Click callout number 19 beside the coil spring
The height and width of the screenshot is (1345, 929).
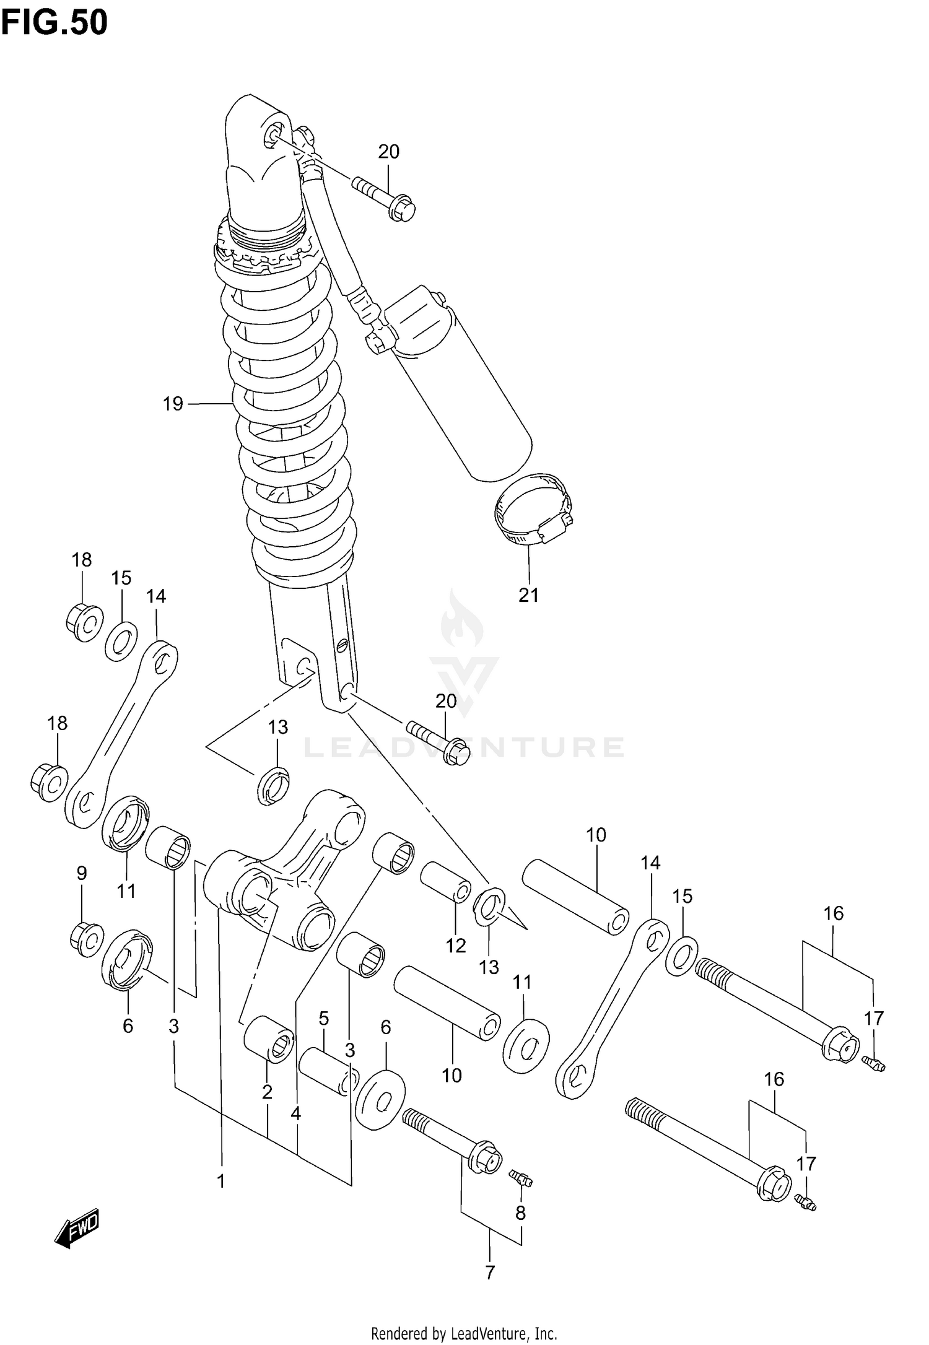tap(173, 404)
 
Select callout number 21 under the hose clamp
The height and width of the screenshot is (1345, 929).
tap(528, 595)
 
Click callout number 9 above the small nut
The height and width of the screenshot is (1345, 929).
tap(81, 874)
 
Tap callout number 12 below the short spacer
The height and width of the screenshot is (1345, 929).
tap(455, 946)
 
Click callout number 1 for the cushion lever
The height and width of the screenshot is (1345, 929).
tap(220, 1182)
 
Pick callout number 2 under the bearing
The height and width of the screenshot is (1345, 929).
tap(267, 1092)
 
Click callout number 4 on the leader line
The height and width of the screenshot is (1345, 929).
tap(295, 1113)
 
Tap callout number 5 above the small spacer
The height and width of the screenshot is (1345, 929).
tap(323, 1018)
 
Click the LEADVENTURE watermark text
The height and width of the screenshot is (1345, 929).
tap(464, 747)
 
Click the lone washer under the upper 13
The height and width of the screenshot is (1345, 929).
tap(273, 785)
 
